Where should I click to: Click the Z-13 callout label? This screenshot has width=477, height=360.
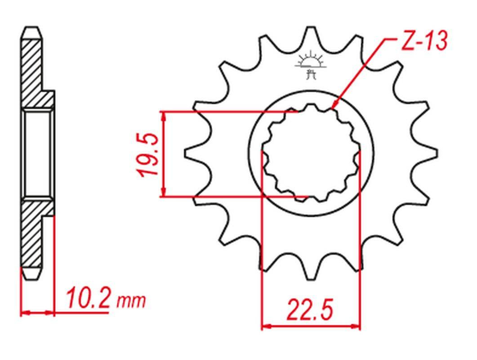point(424,40)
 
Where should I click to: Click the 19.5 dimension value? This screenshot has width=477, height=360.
point(149,155)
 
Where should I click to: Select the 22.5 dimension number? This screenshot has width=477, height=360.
point(310,310)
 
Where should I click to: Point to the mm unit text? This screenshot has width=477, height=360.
point(131,301)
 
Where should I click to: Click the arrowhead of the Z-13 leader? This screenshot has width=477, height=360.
point(334,104)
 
